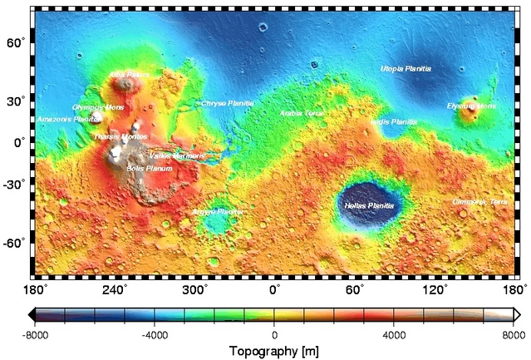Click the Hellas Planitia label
click(x=369, y=205)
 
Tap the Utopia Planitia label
click(x=406, y=68)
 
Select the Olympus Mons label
click(x=98, y=107)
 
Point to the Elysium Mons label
click(x=471, y=106)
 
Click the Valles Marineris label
click(x=176, y=155)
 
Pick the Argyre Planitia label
click(x=219, y=212)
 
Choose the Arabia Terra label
click(x=302, y=112)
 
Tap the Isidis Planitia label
click(x=394, y=121)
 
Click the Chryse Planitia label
click(x=227, y=103)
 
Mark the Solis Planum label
click(x=150, y=168)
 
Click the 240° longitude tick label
click(x=114, y=289)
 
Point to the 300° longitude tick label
click(x=194, y=289)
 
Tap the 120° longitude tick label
click(x=436, y=289)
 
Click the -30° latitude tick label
click(x=16, y=185)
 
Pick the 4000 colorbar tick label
click(x=394, y=334)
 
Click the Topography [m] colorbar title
click(x=274, y=350)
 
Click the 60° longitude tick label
click(x=355, y=289)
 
